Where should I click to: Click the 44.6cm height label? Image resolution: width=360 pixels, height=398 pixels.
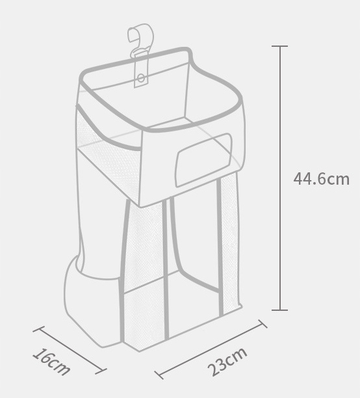(x=322, y=179)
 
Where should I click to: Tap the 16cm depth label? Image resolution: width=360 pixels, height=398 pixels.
(x=51, y=362)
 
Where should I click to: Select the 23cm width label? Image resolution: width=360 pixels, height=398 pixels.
(x=227, y=362)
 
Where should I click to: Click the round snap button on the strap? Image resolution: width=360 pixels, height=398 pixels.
(x=142, y=77)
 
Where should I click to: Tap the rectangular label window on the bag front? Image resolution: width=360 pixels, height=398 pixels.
(x=204, y=160)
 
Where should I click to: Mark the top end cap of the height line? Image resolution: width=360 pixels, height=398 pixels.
(x=279, y=46)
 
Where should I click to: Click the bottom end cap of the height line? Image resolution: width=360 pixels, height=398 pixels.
(x=279, y=310)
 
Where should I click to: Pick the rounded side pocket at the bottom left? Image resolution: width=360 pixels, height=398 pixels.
(x=92, y=302)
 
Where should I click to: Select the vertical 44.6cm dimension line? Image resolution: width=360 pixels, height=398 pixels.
(x=280, y=178)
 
